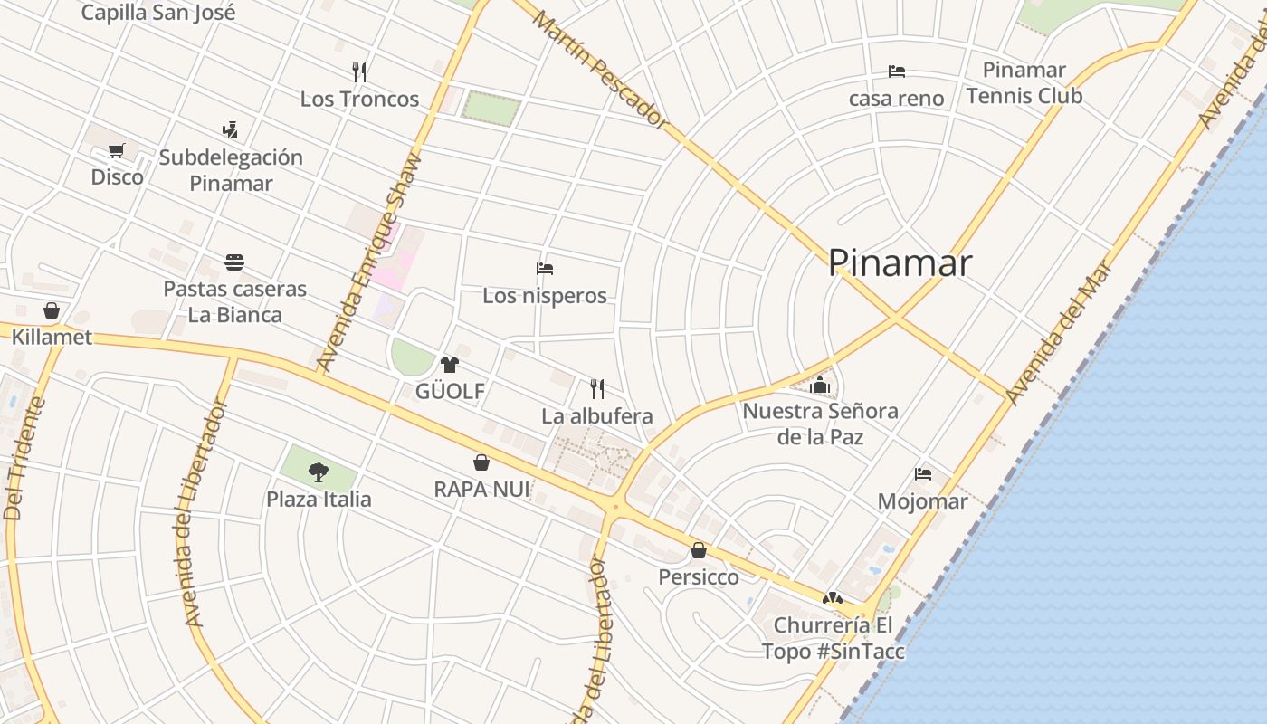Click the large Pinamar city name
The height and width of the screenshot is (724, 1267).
coord(900,262)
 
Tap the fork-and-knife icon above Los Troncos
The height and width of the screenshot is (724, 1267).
coord(359,72)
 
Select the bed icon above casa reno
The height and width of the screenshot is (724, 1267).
coord(897,71)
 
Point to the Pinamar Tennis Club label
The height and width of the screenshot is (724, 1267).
coord(1024,83)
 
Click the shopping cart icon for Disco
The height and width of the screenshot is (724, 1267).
coord(116,151)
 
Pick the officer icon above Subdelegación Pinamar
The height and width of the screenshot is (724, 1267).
coord(230,130)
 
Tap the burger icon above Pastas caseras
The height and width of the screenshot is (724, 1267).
coord(234,262)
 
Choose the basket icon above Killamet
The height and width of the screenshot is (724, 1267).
coord(52,310)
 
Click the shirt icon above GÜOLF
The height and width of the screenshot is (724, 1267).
coord(450,365)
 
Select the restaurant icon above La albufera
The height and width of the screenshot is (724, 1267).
coord(597,389)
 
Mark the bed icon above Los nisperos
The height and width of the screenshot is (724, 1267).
coord(545,269)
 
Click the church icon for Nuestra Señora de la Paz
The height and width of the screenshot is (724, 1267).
coord(820,385)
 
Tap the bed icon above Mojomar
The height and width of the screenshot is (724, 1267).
coord(923,473)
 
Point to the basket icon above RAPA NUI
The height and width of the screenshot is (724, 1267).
coord(481,462)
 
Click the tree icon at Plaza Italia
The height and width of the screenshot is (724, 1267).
coord(318,472)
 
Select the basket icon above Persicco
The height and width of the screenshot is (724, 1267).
coord(699,549)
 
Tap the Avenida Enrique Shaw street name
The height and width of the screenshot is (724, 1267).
coord(369,262)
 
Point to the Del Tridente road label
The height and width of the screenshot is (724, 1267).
coord(24,459)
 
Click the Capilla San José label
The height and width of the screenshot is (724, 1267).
coord(157,13)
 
